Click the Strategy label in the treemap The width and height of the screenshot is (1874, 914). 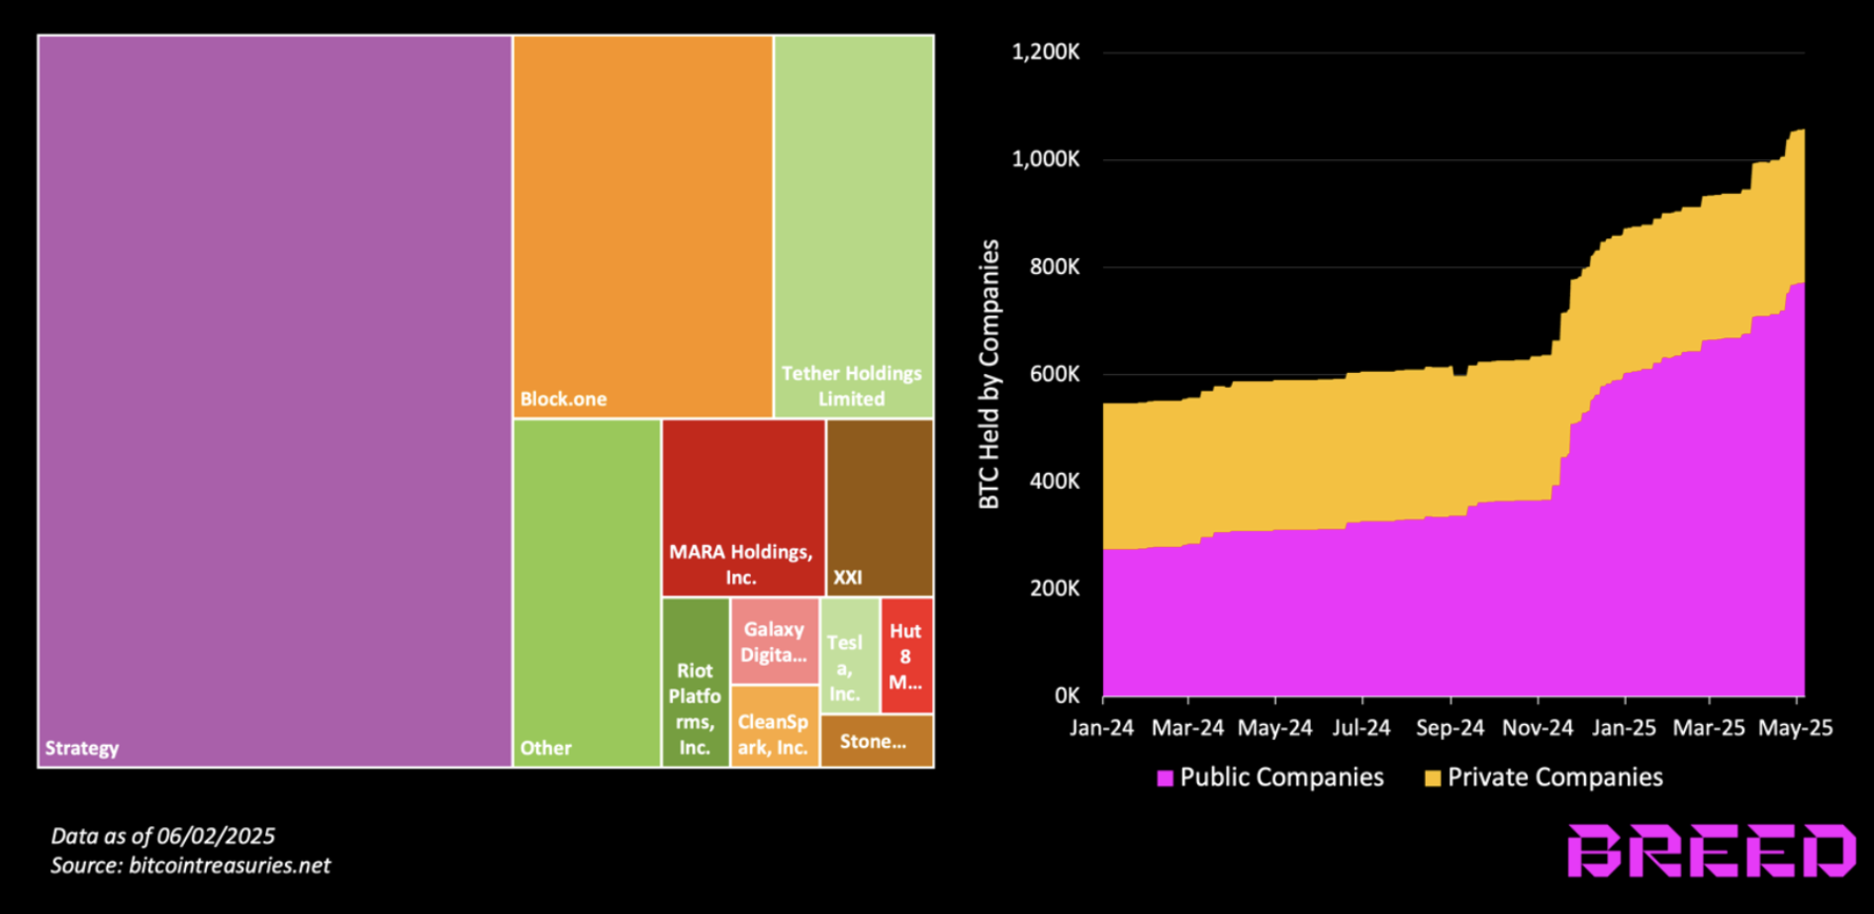pyautogui.click(x=82, y=749)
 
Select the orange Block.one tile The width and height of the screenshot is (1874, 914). pyautogui.click(x=642, y=228)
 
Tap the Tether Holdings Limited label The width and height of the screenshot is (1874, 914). pyautogui.click(x=851, y=386)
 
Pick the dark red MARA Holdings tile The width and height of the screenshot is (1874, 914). pyautogui.click(x=743, y=507)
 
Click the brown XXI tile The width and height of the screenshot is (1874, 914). pyautogui.click(x=880, y=507)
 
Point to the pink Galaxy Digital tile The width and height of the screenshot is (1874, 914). pyautogui.click(x=774, y=641)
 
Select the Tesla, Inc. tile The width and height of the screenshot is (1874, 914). pyautogui.click(x=849, y=656)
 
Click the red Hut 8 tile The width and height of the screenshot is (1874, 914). pyautogui.click(x=906, y=656)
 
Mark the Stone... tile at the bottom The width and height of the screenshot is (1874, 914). pyautogui.click(x=876, y=741)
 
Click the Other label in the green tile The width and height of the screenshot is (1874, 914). pyautogui.click(x=546, y=749)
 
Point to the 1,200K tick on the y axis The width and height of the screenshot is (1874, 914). pyautogui.click(x=1045, y=52)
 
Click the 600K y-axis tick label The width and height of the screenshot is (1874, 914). pyautogui.click(x=1054, y=374)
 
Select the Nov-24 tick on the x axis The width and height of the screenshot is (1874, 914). pyautogui.click(x=1537, y=728)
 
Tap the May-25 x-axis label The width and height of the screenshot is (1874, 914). pyautogui.click(x=1795, y=728)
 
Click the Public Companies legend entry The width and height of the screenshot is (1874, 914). pyautogui.click(x=1270, y=777)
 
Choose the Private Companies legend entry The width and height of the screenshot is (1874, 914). pyautogui.click(x=1544, y=777)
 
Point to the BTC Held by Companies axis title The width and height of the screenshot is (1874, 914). pyautogui.click(x=989, y=374)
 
